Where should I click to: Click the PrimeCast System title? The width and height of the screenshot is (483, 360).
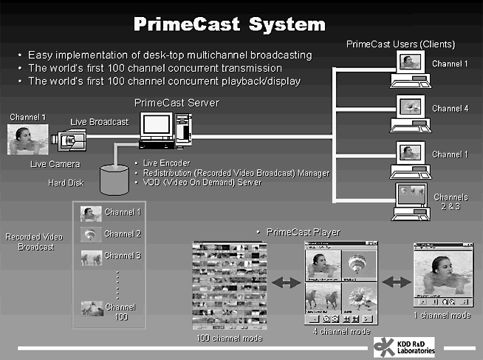pyautogui.click(x=228, y=24)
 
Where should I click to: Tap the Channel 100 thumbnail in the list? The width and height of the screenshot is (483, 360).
pyautogui.click(x=92, y=307)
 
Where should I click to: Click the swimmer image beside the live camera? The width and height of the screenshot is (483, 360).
pyautogui.click(x=27, y=140)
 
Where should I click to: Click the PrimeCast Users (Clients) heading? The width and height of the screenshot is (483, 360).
pyautogui.click(x=401, y=45)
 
